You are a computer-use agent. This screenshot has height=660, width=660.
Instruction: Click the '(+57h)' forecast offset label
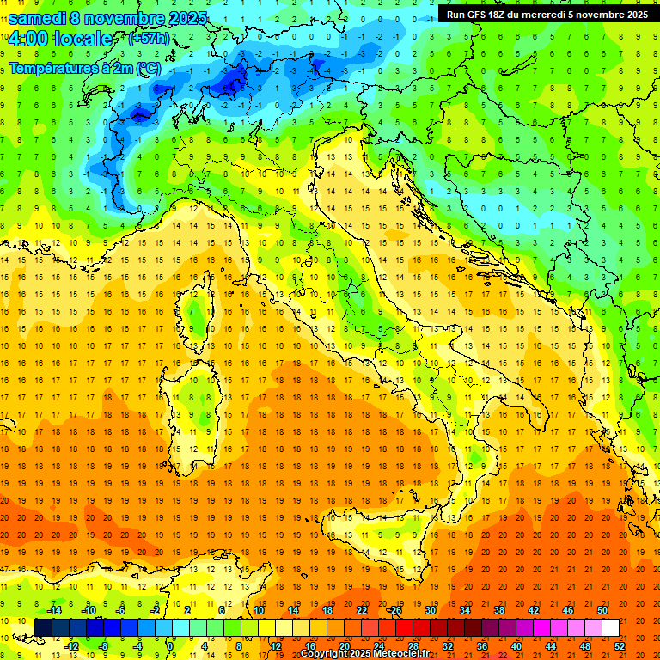point(149,40)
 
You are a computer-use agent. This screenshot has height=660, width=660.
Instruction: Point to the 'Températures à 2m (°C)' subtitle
point(84,67)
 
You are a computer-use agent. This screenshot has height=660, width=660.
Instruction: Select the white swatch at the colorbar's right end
point(610,627)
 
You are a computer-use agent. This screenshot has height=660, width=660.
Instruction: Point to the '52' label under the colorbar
point(619,645)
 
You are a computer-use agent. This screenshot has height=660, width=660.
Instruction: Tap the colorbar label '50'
point(602,610)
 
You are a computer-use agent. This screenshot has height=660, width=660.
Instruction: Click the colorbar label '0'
point(170,645)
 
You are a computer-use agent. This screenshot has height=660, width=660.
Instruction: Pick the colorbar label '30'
point(430,610)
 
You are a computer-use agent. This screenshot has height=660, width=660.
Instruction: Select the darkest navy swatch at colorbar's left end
point(43,627)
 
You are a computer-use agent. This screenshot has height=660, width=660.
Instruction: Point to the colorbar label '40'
point(516,645)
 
